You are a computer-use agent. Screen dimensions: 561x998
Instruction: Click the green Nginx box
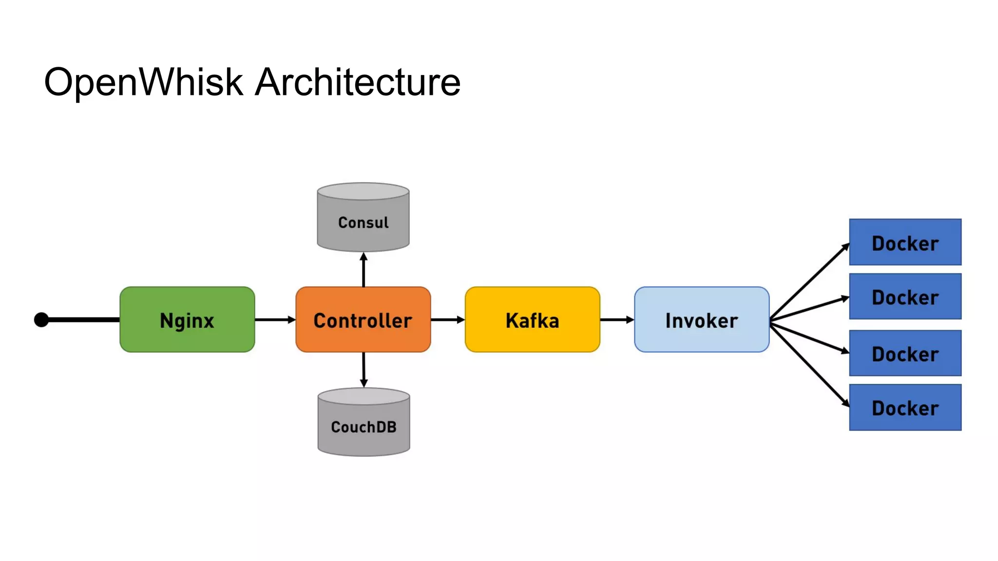click(x=187, y=319)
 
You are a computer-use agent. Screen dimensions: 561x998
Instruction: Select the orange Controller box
click(x=363, y=319)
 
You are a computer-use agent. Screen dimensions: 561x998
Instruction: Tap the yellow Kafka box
click(x=532, y=319)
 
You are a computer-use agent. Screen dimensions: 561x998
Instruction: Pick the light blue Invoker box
click(x=702, y=319)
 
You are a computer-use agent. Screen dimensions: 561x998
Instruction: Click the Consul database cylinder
click(x=363, y=218)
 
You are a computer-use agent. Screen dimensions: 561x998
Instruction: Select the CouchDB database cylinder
click(x=364, y=423)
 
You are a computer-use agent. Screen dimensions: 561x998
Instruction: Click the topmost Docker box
click(x=905, y=242)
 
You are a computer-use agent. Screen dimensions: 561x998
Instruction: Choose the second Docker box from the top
click(x=905, y=297)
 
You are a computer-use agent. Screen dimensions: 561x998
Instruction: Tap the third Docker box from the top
click(x=905, y=353)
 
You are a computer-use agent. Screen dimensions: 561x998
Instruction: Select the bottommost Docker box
click(x=905, y=407)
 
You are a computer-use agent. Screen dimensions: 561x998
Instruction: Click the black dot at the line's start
click(x=41, y=320)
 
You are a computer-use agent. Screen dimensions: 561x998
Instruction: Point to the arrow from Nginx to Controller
click(x=275, y=319)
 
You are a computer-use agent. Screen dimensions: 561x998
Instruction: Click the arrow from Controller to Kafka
click(x=447, y=319)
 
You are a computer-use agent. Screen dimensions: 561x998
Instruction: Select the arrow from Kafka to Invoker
click(x=616, y=319)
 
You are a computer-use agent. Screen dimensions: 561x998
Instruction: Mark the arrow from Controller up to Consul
click(x=364, y=269)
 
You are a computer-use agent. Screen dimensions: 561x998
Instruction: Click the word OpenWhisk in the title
click(x=143, y=82)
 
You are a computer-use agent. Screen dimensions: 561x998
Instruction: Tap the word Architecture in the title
click(x=358, y=82)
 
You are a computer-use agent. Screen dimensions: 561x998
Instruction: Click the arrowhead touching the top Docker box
click(x=846, y=247)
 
